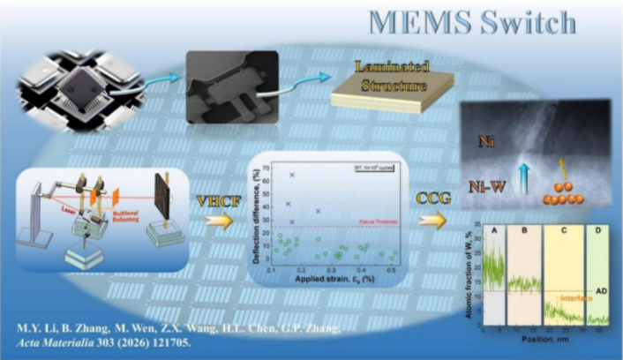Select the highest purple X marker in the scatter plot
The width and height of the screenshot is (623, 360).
pyautogui.click(x=292, y=175)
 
